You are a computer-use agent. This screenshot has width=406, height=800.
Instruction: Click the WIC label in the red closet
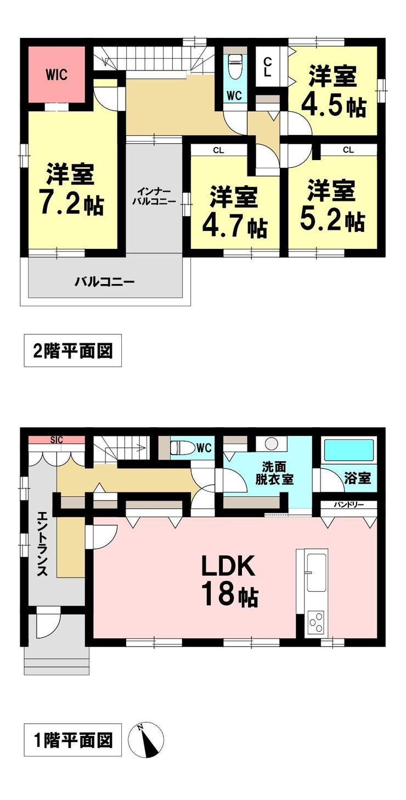[x=57, y=75]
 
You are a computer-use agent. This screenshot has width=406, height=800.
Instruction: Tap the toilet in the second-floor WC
[x=234, y=66]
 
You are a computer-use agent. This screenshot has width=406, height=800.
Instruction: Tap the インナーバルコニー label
[x=154, y=196]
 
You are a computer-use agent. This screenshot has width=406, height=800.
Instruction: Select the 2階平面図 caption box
[x=72, y=350]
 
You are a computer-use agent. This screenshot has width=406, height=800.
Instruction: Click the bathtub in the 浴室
[x=349, y=450]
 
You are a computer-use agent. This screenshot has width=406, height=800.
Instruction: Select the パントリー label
[x=348, y=504]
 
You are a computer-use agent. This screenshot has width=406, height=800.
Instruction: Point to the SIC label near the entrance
[x=57, y=440]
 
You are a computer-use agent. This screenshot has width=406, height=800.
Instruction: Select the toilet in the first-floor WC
[x=182, y=447]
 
